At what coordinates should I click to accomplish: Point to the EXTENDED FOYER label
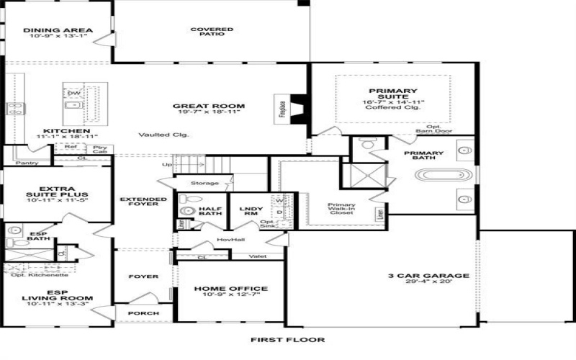click(138, 202)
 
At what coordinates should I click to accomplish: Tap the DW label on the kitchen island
click(73, 93)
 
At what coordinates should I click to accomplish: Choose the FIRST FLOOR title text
click(287, 340)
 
